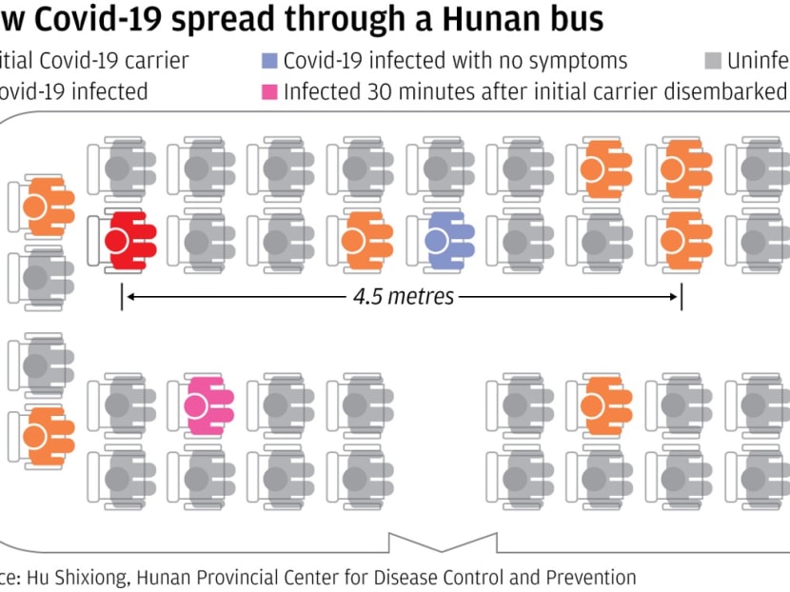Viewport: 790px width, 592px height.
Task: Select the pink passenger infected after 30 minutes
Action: tap(204, 405)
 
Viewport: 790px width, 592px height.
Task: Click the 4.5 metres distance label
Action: tap(404, 296)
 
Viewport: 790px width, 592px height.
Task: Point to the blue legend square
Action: tap(270, 62)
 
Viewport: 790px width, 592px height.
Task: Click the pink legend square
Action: tap(270, 92)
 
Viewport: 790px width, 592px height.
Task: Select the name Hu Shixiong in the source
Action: tap(82, 577)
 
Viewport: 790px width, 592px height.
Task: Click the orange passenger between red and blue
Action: tap(363, 238)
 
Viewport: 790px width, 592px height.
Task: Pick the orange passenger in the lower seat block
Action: tap(602, 405)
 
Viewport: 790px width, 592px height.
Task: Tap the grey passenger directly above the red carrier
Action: tap(124, 168)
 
